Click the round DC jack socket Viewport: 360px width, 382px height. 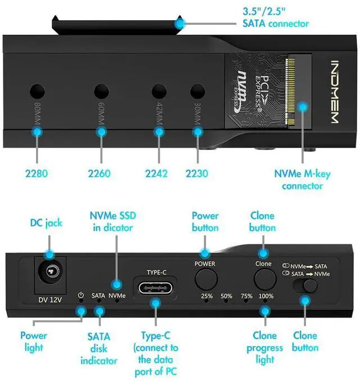(x=50, y=274)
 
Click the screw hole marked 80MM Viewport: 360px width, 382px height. (x=38, y=91)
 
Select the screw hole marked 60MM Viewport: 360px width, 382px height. (x=101, y=91)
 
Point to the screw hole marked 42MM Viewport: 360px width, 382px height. (x=159, y=91)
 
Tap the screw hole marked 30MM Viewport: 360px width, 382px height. (x=197, y=91)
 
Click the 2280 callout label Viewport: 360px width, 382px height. (x=37, y=173)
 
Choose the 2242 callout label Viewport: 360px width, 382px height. (x=156, y=173)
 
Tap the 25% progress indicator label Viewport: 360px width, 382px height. (x=206, y=295)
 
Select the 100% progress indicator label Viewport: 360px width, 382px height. (x=266, y=295)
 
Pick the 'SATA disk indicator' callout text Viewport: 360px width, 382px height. (x=98, y=348)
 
